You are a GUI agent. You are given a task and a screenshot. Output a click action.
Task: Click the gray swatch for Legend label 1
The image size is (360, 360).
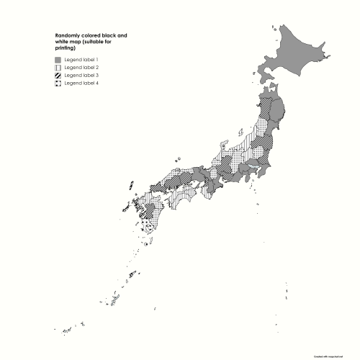point(58,59)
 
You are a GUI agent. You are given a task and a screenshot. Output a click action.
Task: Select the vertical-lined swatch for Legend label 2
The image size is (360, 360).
point(58,67)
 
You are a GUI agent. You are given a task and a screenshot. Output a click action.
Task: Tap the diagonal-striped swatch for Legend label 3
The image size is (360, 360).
point(58,75)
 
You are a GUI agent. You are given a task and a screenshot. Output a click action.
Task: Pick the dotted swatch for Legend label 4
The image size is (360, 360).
point(58,83)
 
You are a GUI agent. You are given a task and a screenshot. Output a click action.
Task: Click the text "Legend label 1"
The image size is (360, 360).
point(81,59)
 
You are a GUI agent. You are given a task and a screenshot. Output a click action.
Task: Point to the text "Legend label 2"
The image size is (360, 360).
point(81,67)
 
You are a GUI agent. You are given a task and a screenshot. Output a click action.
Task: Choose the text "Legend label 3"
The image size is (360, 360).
point(81,75)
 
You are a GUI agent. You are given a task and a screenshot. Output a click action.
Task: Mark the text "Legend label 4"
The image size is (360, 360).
point(81,83)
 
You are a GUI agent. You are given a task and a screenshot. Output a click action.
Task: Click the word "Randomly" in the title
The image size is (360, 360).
point(68,35)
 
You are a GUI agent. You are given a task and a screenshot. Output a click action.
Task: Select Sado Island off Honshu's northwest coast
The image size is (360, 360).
point(238,133)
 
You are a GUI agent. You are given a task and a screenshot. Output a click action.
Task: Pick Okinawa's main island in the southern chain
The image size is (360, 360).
point(132,274)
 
